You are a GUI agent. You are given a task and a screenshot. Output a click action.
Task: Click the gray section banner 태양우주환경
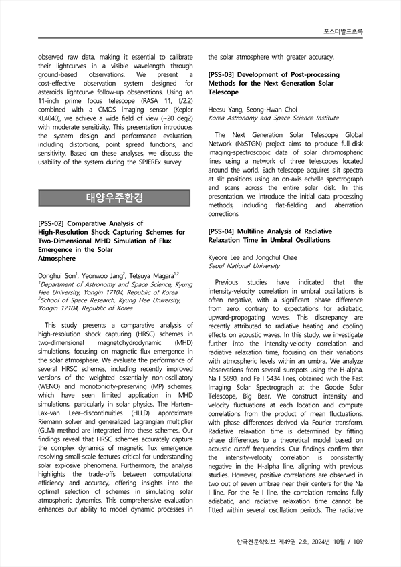tap(114, 198)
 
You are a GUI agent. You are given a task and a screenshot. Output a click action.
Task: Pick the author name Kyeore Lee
tap(226, 257)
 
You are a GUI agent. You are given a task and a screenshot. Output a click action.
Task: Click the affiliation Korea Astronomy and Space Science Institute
tap(273, 118)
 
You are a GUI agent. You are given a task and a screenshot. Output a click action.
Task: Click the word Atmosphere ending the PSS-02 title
tap(57, 257)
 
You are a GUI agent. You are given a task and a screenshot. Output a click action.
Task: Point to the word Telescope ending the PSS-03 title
tap(227, 92)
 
